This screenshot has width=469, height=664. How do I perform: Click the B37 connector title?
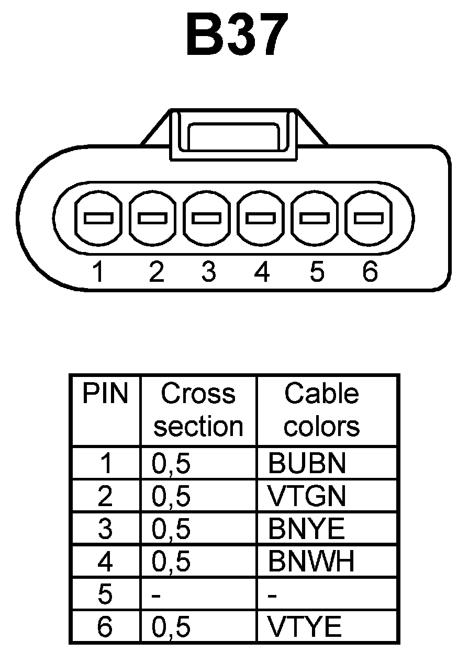[x=237, y=35]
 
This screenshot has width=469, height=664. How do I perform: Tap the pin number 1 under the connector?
[x=98, y=272]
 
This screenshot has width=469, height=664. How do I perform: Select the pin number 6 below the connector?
[x=370, y=272]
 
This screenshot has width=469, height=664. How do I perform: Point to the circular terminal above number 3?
[x=207, y=218]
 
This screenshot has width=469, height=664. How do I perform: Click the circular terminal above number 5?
[x=316, y=218]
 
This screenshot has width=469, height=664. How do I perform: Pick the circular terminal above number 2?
[x=153, y=218]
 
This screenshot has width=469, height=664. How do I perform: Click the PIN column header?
[x=105, y=394]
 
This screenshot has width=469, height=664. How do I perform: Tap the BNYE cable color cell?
[x=307, y=529]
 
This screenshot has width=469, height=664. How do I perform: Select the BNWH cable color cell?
[x=311, y=562]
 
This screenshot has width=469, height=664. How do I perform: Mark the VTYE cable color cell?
[x=305, y=627]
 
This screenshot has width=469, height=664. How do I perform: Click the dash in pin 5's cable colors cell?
[x=272, y=595]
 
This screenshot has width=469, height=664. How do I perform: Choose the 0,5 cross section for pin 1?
[x=171, y=464]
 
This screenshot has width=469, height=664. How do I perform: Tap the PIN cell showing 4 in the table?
[x=105, y=562]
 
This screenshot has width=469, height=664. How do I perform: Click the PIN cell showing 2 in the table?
[x=105, y=496]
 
